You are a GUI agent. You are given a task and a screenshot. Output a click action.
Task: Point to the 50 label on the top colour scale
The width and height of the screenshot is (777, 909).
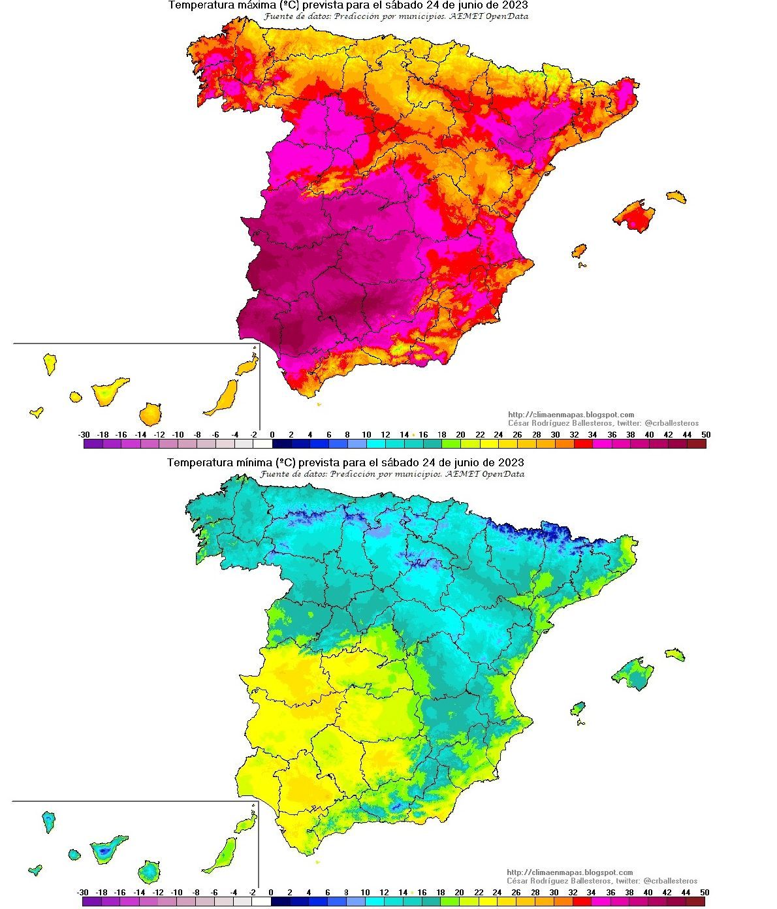[705, 434]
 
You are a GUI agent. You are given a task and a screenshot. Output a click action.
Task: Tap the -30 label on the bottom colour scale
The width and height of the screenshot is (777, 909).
[83, 892]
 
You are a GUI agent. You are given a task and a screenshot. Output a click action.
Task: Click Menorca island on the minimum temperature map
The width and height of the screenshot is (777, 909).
[675, 654]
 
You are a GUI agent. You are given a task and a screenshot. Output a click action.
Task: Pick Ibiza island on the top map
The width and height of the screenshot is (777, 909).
[579, 251]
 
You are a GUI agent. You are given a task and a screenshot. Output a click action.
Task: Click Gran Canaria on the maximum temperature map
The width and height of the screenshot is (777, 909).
[150, 414]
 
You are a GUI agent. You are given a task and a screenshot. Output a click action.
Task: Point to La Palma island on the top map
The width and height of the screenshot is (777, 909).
[50, 363]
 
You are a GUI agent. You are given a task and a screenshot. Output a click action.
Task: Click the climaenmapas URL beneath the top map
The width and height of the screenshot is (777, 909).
[571, 415]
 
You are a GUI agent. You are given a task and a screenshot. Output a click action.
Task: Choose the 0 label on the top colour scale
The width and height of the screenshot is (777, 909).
[272, 434]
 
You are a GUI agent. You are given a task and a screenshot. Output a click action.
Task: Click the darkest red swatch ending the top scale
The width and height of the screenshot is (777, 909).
[696, 444]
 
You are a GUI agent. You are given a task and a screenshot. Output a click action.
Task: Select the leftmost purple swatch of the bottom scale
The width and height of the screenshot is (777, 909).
[92, 902]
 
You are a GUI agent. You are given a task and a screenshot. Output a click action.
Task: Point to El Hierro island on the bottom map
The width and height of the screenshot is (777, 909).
[36, 870]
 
